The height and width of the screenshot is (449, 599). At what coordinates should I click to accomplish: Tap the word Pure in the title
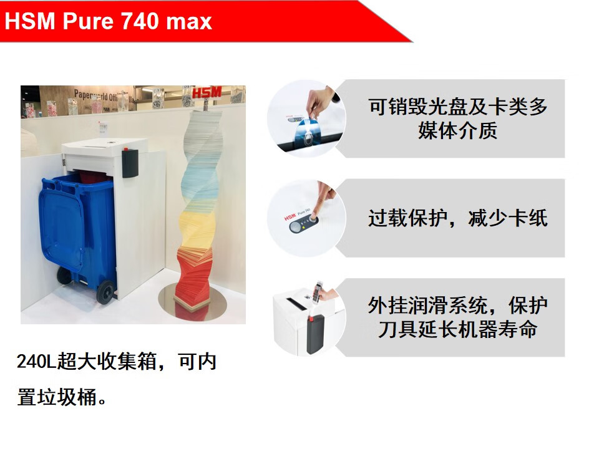click(88, 21)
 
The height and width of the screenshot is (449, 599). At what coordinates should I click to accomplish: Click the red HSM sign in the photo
click(207, 92)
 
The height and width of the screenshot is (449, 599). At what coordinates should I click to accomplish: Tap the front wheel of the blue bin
click(105, 292)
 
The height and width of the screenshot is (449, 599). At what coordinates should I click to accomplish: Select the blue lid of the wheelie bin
click(62, 222)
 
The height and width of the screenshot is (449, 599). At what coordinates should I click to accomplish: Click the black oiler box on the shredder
click(130, 163)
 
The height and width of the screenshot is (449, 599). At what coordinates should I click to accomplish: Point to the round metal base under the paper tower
click(193, 302)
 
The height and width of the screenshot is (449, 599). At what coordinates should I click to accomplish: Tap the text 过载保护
click(407, 218)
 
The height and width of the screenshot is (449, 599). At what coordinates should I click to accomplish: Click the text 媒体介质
click(457, 130)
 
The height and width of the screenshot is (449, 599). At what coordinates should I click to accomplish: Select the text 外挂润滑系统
click(428, 305)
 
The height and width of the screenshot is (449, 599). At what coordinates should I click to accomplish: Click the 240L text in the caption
click(37, 361)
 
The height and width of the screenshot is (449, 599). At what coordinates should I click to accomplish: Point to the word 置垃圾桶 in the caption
click(57, 397)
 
